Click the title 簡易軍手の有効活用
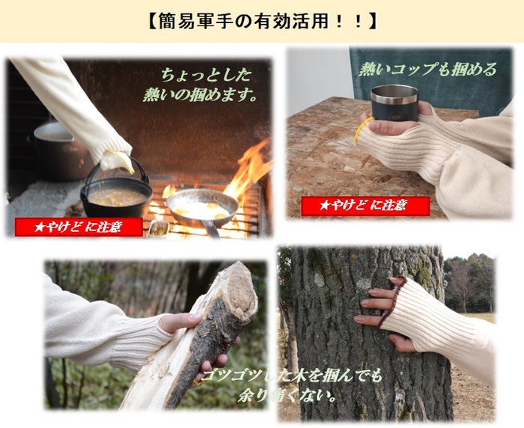262,22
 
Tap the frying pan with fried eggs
202,207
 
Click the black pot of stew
116,198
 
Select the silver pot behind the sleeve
60,150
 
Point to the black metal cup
394,103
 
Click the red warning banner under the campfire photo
79,227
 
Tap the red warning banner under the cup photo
365,207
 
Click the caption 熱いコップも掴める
427,69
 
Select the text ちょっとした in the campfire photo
206,75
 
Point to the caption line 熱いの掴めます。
200,95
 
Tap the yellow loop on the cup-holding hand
361,129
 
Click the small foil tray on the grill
158,228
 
